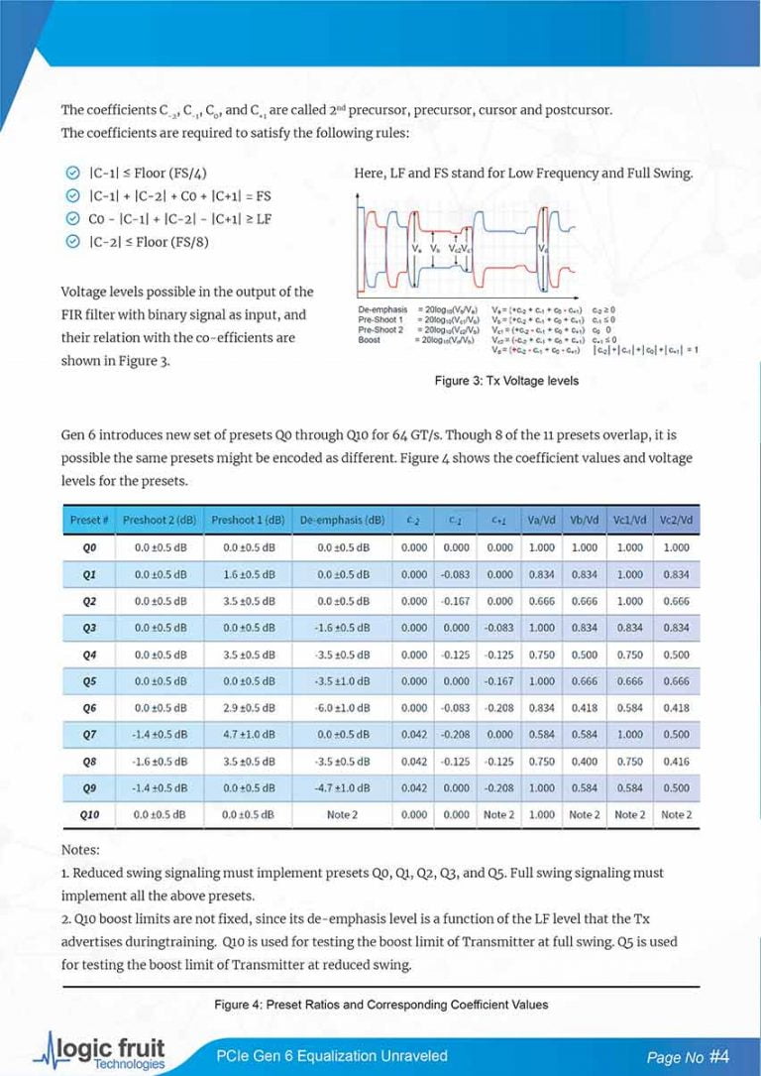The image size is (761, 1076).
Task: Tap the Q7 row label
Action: coord(89,734)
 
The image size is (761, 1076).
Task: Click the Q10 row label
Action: coord(89,814)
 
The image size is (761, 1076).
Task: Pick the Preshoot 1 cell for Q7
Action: coord(247,734)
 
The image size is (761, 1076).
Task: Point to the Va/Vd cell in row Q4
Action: coord(541,654)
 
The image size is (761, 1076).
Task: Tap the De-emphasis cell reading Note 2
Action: coord(343,814)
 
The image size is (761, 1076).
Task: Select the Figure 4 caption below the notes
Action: coord(380,1005)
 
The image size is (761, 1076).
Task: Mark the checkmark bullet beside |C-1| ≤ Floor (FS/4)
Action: coord(70,173)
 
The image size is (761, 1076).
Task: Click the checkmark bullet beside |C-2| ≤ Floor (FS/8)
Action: coord(70,242)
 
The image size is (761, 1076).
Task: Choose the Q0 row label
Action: coord(89,546)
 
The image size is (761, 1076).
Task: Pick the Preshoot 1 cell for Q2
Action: coord(247,600)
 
